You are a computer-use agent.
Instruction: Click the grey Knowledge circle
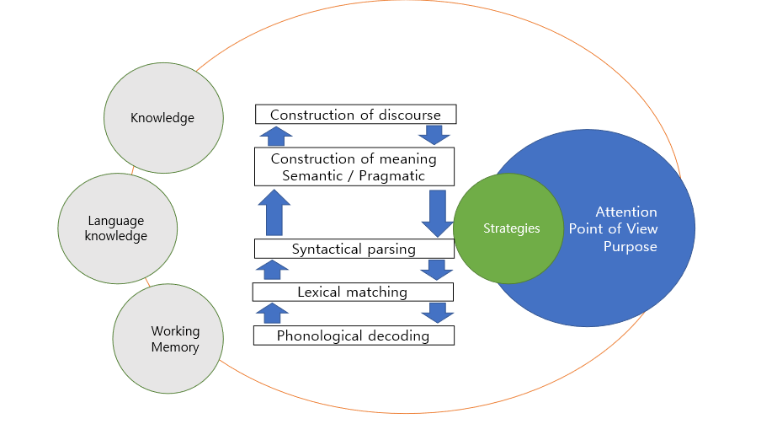[x=163, y=117]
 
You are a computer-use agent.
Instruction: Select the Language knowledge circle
[x=118, y=228]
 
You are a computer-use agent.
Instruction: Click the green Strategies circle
[x=508, y=228]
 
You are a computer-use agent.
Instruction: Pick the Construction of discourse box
[x=354, y=115]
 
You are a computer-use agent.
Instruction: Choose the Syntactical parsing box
[x=354, y=249]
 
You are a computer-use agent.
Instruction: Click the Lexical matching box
[x=353, y=292]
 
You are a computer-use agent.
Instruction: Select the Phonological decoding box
[x=354, y=335]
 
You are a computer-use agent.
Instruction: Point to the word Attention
[x=625, y=212]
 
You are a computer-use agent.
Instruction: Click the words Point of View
[x=613, y=229]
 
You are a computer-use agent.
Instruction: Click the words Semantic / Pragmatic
[x=354, y=175]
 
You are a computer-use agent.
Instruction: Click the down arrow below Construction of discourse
[x=434, y=135]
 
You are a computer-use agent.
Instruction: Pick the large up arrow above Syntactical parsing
[x=273, y=212]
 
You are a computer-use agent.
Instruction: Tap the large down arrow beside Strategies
[x=437, y=213]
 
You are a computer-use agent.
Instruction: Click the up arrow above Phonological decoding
[x=271, y=313]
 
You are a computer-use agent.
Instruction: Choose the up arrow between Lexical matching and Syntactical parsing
[x=271, y=270]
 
